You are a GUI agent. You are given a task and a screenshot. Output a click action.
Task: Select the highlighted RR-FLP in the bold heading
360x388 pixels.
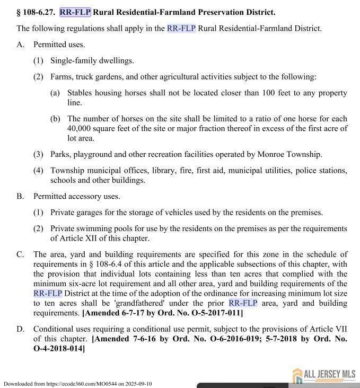[75, 12]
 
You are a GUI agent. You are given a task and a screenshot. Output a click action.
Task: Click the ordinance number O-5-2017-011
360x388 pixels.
[213, 313]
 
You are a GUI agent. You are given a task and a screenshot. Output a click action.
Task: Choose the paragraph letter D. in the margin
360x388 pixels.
[21, 329]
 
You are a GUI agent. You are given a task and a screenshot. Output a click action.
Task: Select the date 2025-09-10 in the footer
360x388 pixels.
[138, 384]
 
